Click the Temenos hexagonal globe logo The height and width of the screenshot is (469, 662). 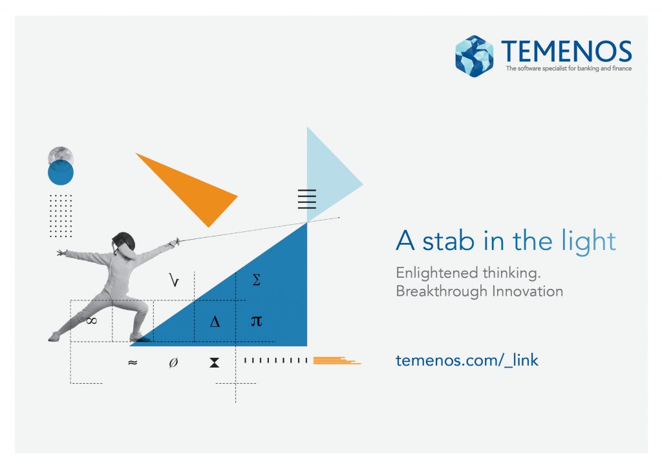(474, 56)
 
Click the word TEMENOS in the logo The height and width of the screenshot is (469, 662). (566, 52)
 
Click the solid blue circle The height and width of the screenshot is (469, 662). (61, 172)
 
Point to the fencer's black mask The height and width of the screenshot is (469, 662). (123, 242)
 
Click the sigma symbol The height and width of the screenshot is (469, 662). (256, 280)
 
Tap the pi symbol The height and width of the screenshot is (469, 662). (256, 321)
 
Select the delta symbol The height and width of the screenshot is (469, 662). (215, 322)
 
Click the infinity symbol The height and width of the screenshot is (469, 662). (91, 321)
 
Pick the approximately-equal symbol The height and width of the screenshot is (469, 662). (133, 362)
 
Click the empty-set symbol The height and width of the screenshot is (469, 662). (173, 362)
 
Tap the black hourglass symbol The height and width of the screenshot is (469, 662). (215, 362)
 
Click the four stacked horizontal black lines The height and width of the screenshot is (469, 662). (307, 199)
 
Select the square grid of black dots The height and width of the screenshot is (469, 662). (61, 216)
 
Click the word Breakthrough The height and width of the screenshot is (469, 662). (442, 291)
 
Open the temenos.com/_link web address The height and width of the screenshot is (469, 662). (467, 360)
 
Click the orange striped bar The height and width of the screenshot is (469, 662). (337, 360)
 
